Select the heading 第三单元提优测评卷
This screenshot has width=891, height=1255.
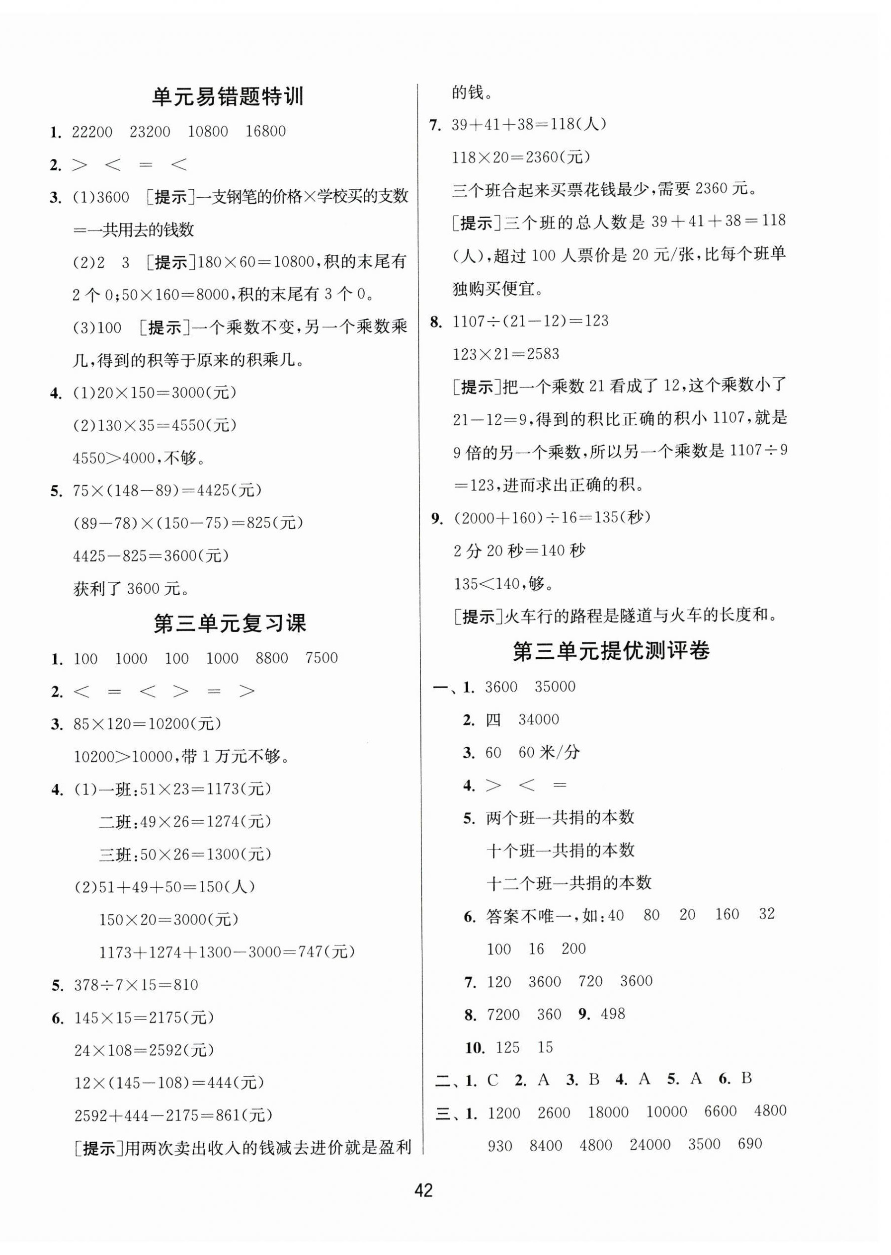(611, 651)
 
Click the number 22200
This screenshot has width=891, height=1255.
(92, 132)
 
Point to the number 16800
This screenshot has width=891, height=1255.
(265, 132)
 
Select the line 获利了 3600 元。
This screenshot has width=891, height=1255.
(132, 589)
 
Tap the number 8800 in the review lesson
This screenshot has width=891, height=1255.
(272, 658)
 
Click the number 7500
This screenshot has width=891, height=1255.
(322, 658)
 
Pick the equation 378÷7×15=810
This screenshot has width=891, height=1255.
(136, 985)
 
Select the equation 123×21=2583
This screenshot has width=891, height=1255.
(506, 354)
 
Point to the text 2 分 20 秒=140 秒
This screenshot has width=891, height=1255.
(519, 550)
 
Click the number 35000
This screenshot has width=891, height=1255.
(555, 687)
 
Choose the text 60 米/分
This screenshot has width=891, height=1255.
(549, 753)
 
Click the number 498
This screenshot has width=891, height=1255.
(613, 1014)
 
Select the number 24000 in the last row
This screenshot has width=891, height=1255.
(650, 1145)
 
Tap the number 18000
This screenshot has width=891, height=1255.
(608, 1112)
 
